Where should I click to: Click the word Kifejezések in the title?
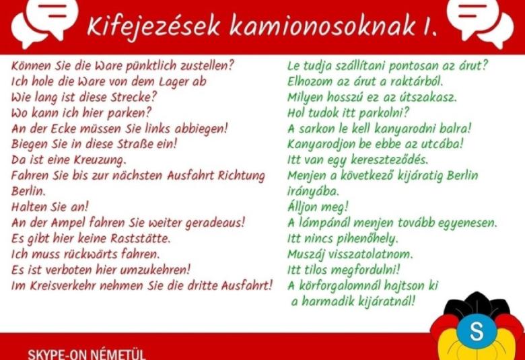click(x=153, y=26)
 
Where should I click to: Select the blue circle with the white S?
click(x=477, y=331)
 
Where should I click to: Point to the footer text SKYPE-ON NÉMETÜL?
click(x=86, y=355)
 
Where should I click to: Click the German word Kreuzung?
click(x=100, y=160)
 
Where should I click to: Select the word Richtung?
click(x=241, y=176)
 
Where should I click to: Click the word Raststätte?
click(x=141, y=238)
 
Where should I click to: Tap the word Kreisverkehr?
click(x=63, y=286)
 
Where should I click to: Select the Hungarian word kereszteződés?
click(x=389, y=160)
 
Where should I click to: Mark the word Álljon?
click(x=302, y=207)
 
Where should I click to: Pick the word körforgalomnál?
click(x=339, y=286)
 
